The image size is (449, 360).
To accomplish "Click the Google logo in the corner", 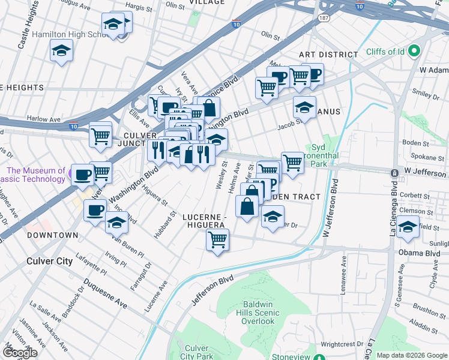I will (19, 352).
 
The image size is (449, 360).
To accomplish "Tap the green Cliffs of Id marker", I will (413, 52).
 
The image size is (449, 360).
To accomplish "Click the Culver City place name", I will (49, 261).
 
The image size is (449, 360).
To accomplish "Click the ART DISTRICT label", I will (328, 55).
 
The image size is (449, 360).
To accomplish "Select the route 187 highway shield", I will (324, 19).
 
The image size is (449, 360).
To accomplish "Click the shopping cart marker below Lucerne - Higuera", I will (217, 240).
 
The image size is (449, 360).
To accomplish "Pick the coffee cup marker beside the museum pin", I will (83, 175).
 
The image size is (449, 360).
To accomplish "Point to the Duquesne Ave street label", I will (105, 293).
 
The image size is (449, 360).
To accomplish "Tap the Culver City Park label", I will (196, 352).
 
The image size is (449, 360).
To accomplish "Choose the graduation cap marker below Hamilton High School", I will (61, 52).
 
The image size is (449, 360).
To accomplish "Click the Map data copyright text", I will (411, 355).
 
